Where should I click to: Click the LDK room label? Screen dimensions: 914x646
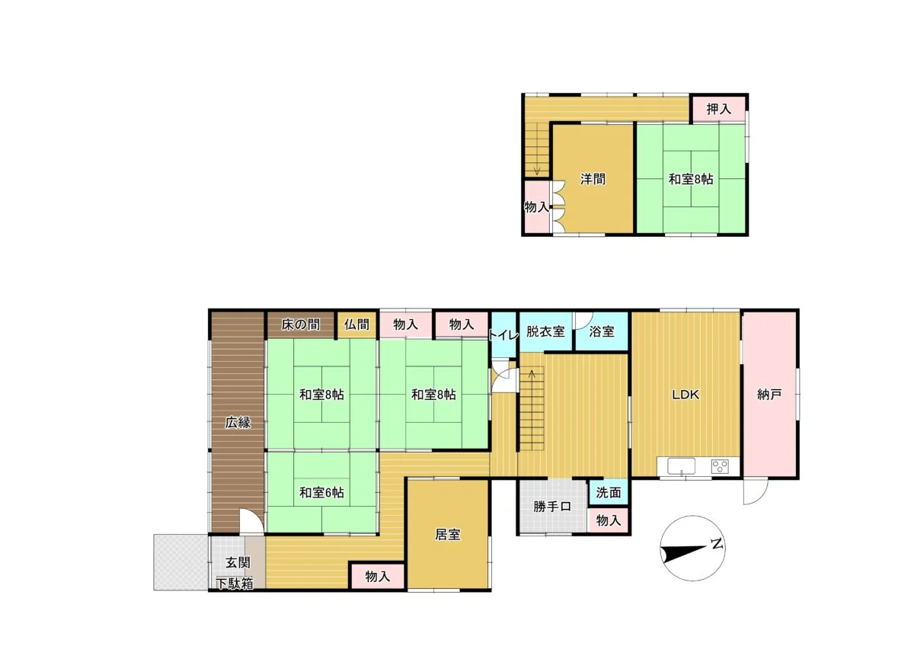[685, 395]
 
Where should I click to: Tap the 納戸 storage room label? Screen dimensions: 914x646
[769, 395]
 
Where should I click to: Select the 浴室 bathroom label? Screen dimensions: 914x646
[602, 331]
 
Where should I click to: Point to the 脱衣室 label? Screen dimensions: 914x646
[545, 331]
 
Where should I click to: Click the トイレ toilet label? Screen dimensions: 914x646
[504, 335]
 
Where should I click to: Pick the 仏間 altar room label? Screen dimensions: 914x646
[356, 325]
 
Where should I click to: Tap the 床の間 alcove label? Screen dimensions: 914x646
[301, 325]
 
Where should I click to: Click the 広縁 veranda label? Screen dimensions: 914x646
[238, 422]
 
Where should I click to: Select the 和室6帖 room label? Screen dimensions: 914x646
[321, 493]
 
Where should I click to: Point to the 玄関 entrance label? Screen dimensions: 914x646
[238, 563]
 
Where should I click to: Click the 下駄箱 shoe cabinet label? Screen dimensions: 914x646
[235, 584]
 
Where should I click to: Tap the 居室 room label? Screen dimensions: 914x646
[448, 535]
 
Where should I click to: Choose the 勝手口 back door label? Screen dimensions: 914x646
[552, 507]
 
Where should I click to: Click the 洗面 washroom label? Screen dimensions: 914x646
[609, 493]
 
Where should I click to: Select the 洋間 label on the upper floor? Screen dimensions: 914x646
[593, 179]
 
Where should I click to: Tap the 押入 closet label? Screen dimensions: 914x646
[718, 109]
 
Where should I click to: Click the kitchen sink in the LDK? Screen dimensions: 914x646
[681, 466]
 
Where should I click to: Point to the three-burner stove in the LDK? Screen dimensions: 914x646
[720, 466]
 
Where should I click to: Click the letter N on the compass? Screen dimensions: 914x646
[717, 544]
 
